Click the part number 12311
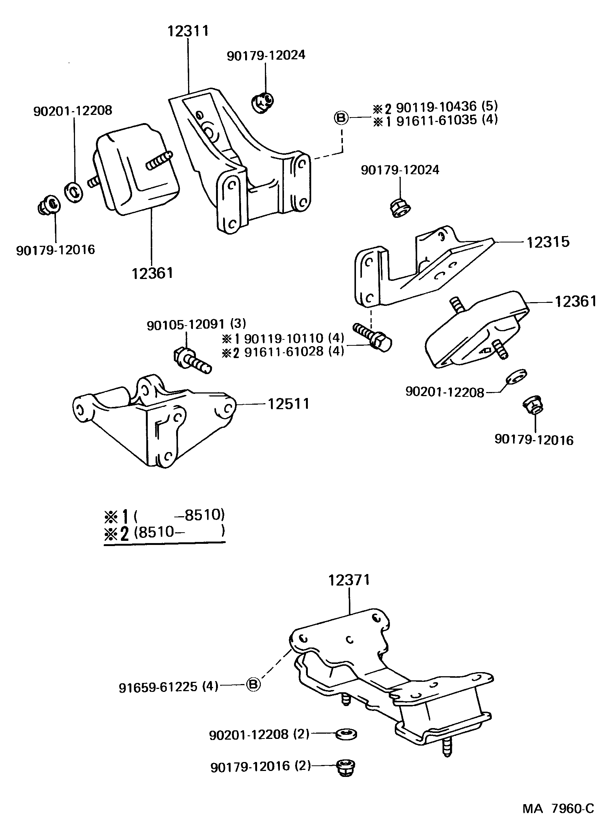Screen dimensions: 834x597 point(187,31)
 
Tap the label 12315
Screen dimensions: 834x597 point(548,242)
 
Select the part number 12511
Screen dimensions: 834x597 point(288,404)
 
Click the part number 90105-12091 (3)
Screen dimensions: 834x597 point(196,324)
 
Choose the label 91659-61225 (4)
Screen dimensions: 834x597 point(169,687)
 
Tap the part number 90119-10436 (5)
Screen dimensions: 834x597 point(447,107)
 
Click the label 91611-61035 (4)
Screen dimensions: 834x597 point(447,120)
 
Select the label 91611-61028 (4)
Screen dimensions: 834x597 point(294,352)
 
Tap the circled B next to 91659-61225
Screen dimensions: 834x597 point(253,684)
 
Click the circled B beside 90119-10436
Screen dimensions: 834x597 point(340,118)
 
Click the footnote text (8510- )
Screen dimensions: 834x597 point(179,531)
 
